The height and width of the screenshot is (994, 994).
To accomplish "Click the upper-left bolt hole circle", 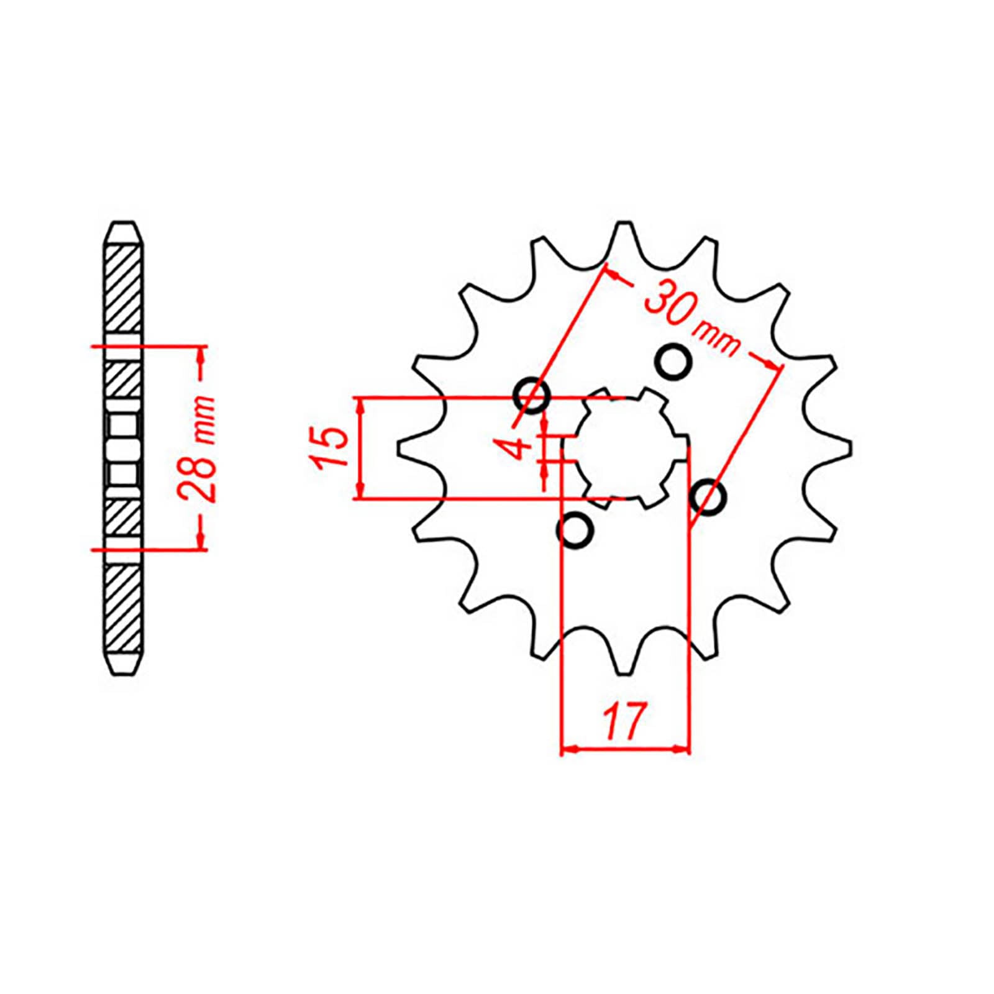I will click(532, 394).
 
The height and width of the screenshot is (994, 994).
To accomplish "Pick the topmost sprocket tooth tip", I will click(624, 223).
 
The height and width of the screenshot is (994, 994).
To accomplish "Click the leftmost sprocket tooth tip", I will click(399, 447).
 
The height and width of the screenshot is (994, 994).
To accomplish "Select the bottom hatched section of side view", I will click(125, 609).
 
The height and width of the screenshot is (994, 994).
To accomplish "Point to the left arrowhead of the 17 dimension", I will click(568, 750).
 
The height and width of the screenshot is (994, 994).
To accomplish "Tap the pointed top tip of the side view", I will click(124, 222).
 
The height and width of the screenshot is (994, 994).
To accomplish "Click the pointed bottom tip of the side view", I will click(124, 673).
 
